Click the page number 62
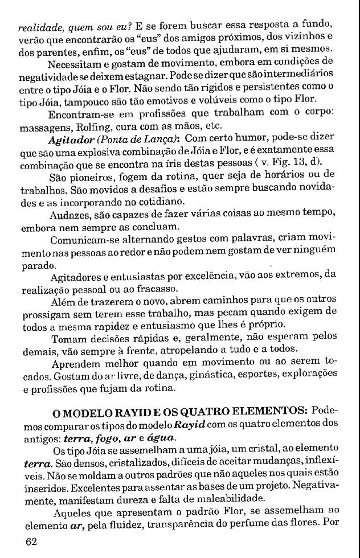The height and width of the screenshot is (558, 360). click(31, 541)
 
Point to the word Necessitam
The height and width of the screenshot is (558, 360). click(77, 63)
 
